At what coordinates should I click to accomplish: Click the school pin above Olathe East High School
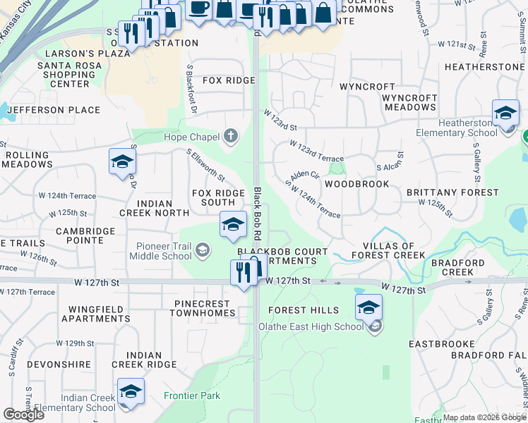368,309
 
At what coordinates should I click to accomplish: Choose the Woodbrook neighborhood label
356,184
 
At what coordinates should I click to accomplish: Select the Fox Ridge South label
218,197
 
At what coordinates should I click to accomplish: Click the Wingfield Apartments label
96,314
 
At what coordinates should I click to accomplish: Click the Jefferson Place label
54,110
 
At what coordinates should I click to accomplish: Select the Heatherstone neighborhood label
484,67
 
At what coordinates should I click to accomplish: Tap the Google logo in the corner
23,415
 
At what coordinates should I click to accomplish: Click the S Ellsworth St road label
205,164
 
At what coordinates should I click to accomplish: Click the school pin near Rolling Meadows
122,162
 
